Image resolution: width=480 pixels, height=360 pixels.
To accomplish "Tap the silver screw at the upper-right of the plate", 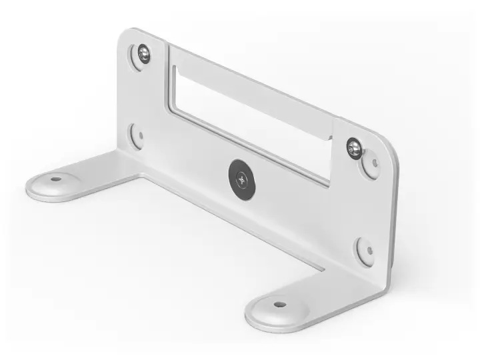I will (355, 148).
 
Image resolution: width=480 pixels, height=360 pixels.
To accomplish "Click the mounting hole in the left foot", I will (55, 179).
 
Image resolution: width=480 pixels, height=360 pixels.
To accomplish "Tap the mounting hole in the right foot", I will (279, 305).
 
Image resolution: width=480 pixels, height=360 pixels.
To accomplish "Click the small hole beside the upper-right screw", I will (373, 163).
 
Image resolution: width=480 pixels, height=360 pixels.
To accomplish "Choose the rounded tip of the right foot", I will (257, 320).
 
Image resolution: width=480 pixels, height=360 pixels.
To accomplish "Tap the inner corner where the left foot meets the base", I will (141, 176).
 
